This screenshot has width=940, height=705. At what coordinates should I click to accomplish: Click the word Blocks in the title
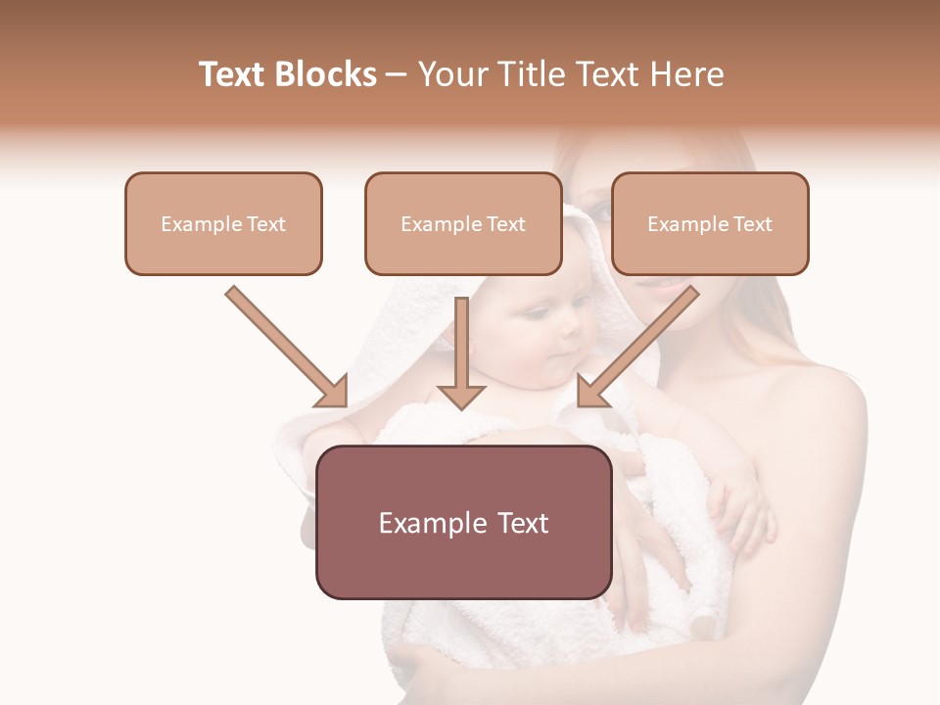click(x=325, y=74)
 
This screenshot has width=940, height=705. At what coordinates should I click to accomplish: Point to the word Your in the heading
click(x=451, y=74)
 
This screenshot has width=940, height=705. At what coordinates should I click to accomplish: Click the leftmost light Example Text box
click(x=223, y=224)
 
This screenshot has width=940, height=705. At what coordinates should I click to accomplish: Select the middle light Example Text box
click(x=463, y=224)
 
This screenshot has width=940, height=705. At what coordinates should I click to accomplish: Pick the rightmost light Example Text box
click(x=710, y=224)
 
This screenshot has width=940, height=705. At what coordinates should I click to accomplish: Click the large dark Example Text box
click(x=463, y=523)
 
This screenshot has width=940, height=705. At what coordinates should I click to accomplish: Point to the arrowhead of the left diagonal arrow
click(x=333, y=392)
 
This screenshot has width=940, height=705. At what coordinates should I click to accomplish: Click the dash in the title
click(x=397, y=74)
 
